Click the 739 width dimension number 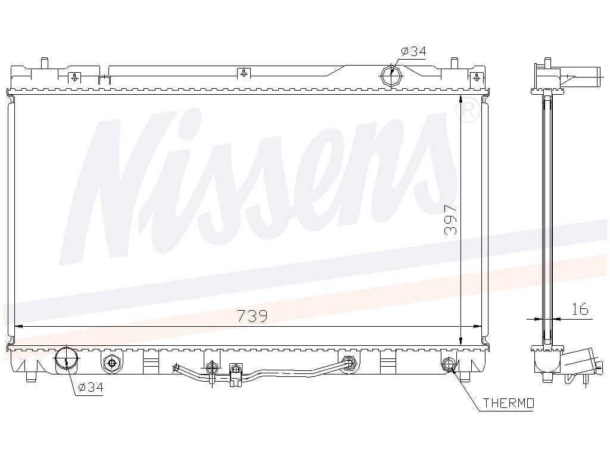pyautogui.click(x=252, y=316)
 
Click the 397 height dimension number pyautogui.click(x=451, y=221)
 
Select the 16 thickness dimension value pyautogui.click(x=580, y=310)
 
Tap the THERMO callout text pyautogui.click(x=509, y=403)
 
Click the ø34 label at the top pyautogui.click(x=413, y=51)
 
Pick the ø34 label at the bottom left pyautogui.click(x=91, y=387)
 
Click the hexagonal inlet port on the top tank pyautogui.click(x=391, y=76)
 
